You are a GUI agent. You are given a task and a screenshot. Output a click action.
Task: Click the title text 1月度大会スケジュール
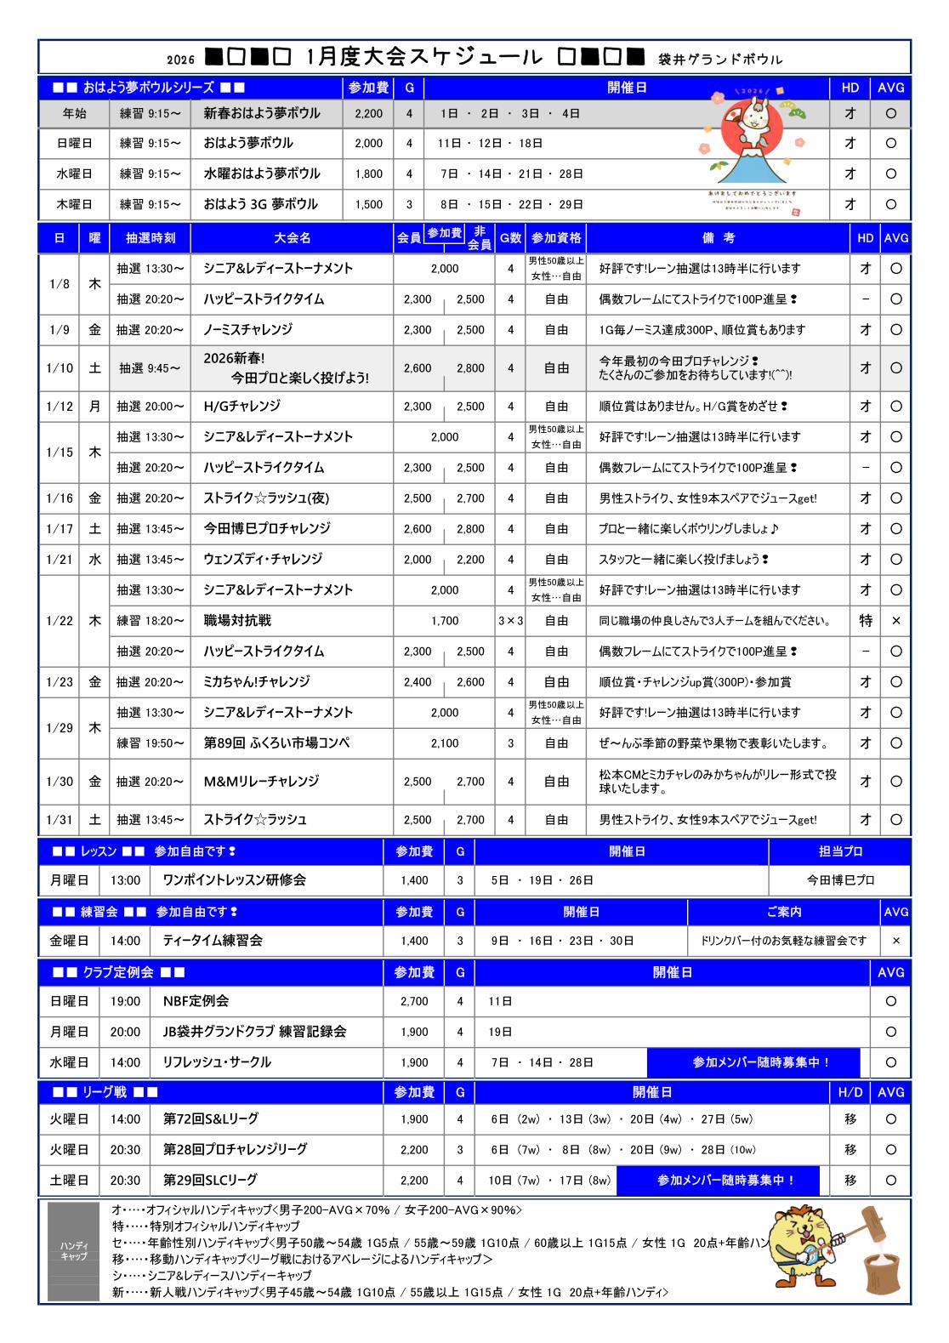423,57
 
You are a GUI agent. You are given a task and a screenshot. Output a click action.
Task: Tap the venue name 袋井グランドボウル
720,60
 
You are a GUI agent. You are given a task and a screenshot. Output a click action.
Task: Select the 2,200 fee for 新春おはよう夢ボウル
368,113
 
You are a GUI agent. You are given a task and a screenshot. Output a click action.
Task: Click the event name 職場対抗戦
237,621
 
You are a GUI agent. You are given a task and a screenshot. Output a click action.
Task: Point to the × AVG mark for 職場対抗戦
895,621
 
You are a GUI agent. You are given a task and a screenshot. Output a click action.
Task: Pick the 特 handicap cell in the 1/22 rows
865,621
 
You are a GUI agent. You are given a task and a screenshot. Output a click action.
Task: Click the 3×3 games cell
510,621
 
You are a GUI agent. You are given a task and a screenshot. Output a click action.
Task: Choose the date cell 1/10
60,368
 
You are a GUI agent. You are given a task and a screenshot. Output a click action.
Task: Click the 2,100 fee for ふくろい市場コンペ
444,743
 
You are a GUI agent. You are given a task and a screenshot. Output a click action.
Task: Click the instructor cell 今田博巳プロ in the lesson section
839,880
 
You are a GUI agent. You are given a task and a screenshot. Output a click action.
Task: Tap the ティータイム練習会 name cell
213,941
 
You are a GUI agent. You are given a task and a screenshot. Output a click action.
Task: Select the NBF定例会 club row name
196,1001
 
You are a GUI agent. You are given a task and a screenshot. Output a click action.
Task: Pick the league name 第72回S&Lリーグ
210,1119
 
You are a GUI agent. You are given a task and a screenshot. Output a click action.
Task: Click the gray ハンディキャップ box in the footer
73,1250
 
